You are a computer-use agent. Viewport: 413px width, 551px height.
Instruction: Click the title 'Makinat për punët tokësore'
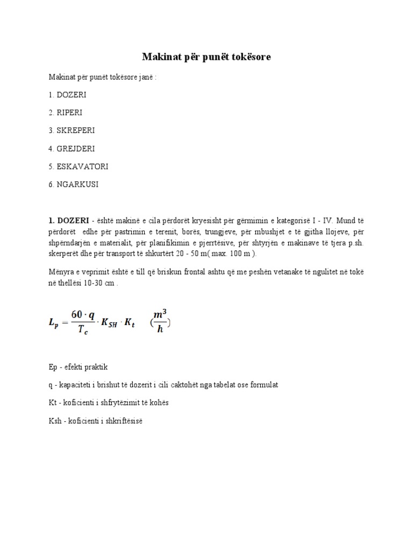[x=206, y=56]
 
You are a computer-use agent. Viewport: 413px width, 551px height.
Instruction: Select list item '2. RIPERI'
[x=65, y=112]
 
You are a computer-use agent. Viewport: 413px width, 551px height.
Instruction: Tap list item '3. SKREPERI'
[x=71, y=130]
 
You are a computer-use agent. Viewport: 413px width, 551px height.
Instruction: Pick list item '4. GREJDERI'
[x=71, y=149]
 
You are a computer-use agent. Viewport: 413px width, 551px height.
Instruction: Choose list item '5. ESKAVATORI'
[x=78, y=166]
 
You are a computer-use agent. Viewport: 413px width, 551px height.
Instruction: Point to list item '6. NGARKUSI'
[x=74, y=185]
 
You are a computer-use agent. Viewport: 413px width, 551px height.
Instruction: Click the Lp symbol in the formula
[x=54, y=322]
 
